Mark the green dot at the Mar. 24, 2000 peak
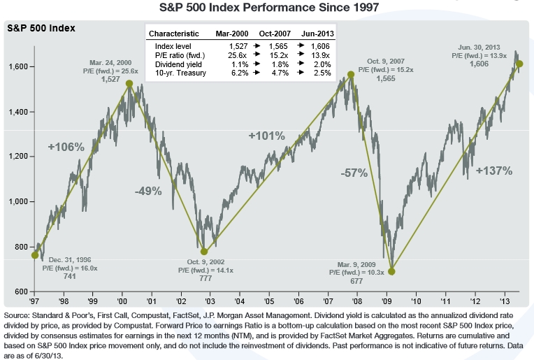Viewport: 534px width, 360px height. click(129, 83)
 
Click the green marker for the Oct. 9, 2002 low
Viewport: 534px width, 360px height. click(204, 252)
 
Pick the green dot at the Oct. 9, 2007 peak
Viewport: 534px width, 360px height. click(351, 75)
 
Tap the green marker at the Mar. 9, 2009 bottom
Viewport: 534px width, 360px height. click(391, 271)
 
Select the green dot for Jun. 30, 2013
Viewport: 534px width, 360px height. click(519, 64)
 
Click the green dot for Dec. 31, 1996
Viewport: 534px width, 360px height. click(35, 255)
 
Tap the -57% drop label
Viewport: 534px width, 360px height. click(354, 173)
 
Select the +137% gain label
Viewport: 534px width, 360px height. click(494, 171)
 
